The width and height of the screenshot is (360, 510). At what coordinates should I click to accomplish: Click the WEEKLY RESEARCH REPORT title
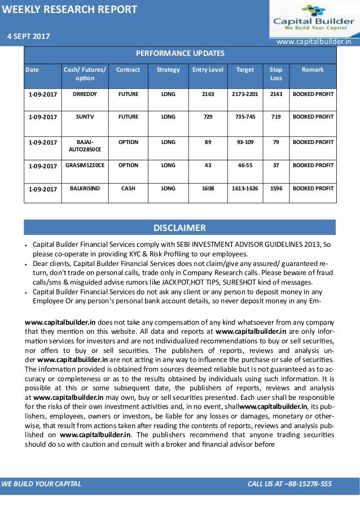(69, 9)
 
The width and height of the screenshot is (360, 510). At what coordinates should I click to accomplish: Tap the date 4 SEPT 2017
(28, 36)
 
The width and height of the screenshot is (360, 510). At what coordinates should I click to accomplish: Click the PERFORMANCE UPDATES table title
(179, 54)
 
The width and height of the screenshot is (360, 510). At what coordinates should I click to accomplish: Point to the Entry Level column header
(208, 69)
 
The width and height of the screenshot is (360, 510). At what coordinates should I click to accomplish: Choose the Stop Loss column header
(276, 73)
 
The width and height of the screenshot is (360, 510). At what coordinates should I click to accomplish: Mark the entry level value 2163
(208, 94)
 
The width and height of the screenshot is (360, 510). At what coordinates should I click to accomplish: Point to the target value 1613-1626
(245, 189)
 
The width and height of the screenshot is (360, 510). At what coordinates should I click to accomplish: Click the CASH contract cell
(128, 189)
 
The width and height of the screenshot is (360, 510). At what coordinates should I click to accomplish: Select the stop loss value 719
(276, 117)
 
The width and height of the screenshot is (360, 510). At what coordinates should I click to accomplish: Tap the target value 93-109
(245, 142)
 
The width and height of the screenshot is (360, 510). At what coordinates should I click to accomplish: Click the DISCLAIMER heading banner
(179, 228)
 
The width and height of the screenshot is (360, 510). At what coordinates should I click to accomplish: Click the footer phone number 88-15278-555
(309, 484)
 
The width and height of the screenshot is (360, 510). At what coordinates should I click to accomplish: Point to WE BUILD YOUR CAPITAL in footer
(42, 484)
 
